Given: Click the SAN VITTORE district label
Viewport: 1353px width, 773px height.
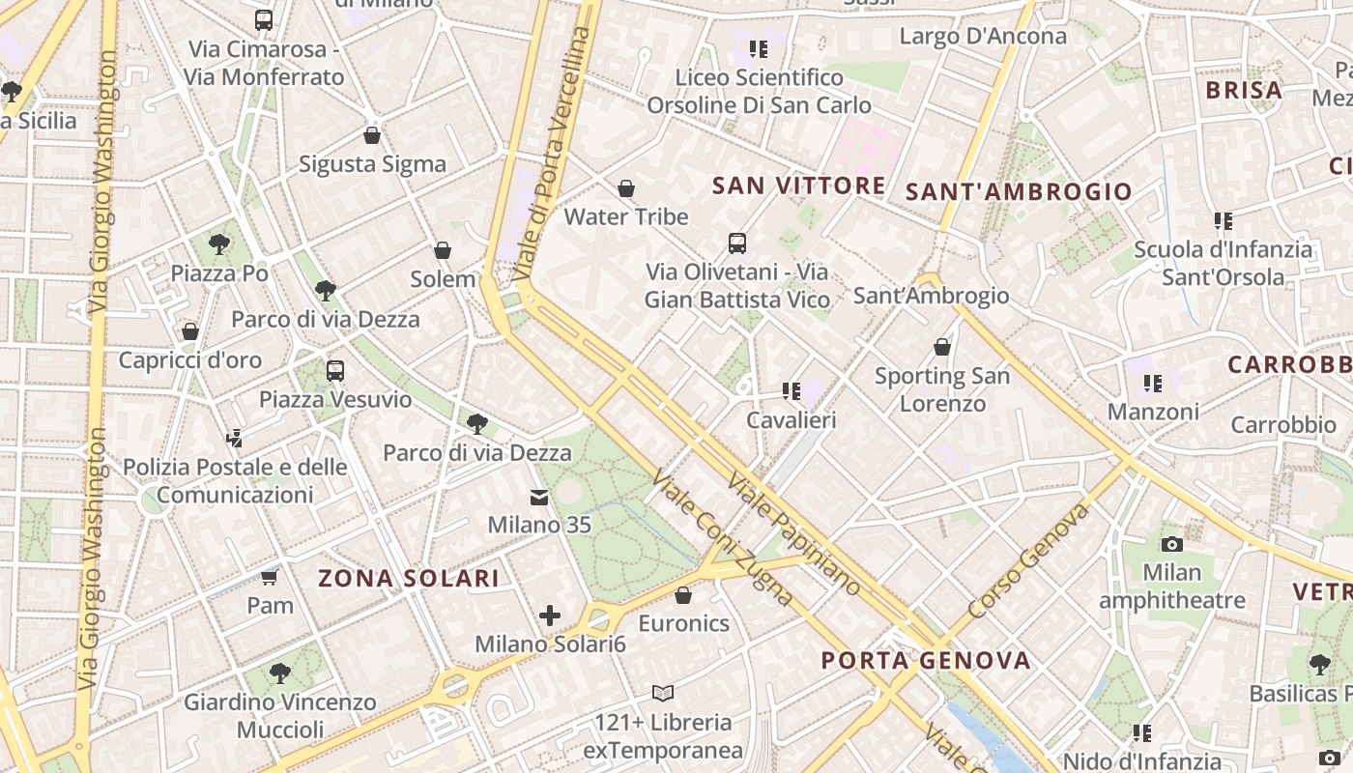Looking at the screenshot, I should click(798, 186).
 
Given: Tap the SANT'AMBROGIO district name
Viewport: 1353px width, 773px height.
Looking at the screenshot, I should click(1018, 191).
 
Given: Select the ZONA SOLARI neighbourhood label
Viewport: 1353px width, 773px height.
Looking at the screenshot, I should click(409, 578).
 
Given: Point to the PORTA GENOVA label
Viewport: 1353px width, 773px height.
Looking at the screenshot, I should click(926, 661).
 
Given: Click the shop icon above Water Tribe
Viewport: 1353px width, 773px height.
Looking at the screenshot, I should click(626, 188).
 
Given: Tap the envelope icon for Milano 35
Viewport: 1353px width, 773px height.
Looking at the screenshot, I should click(538, 498).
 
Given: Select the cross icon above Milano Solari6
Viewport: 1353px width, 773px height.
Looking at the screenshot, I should click(550, 616).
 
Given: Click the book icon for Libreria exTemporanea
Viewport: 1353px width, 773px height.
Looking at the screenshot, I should click(662, 693).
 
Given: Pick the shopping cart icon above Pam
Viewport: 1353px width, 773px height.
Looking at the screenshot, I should click(270, 578).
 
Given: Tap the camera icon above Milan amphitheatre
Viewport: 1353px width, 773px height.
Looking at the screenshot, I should click(1172, 544).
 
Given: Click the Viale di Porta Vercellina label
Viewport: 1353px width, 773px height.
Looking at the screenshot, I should click(553, 155).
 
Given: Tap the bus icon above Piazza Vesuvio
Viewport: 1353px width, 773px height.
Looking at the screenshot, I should click(335, 370).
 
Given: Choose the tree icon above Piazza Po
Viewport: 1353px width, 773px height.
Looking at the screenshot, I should click(219, 244).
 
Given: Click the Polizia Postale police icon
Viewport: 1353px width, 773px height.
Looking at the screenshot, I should click(234, 439).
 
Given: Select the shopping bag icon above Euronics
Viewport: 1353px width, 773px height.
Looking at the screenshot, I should click(683, 595).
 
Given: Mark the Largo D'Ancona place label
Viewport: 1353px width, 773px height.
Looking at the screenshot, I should click(983, 37).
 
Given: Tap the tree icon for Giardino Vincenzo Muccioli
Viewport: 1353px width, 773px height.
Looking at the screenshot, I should click(279, 673).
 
